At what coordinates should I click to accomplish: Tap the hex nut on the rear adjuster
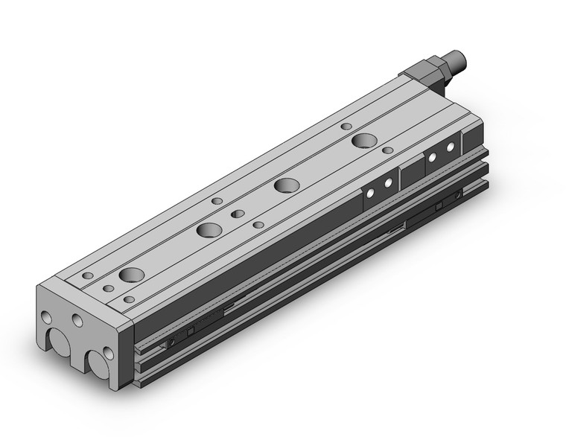[430, 68]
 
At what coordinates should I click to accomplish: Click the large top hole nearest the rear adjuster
[364, 141]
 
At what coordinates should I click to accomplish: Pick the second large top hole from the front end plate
[209, 229]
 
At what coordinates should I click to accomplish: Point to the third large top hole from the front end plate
[285, 185]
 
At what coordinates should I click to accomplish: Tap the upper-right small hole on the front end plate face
[77, 320]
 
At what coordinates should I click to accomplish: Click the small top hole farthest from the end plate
[346, 127]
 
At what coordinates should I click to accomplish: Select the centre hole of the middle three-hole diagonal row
[237, 214]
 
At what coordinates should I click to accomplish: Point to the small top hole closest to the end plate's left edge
[88, 275]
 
